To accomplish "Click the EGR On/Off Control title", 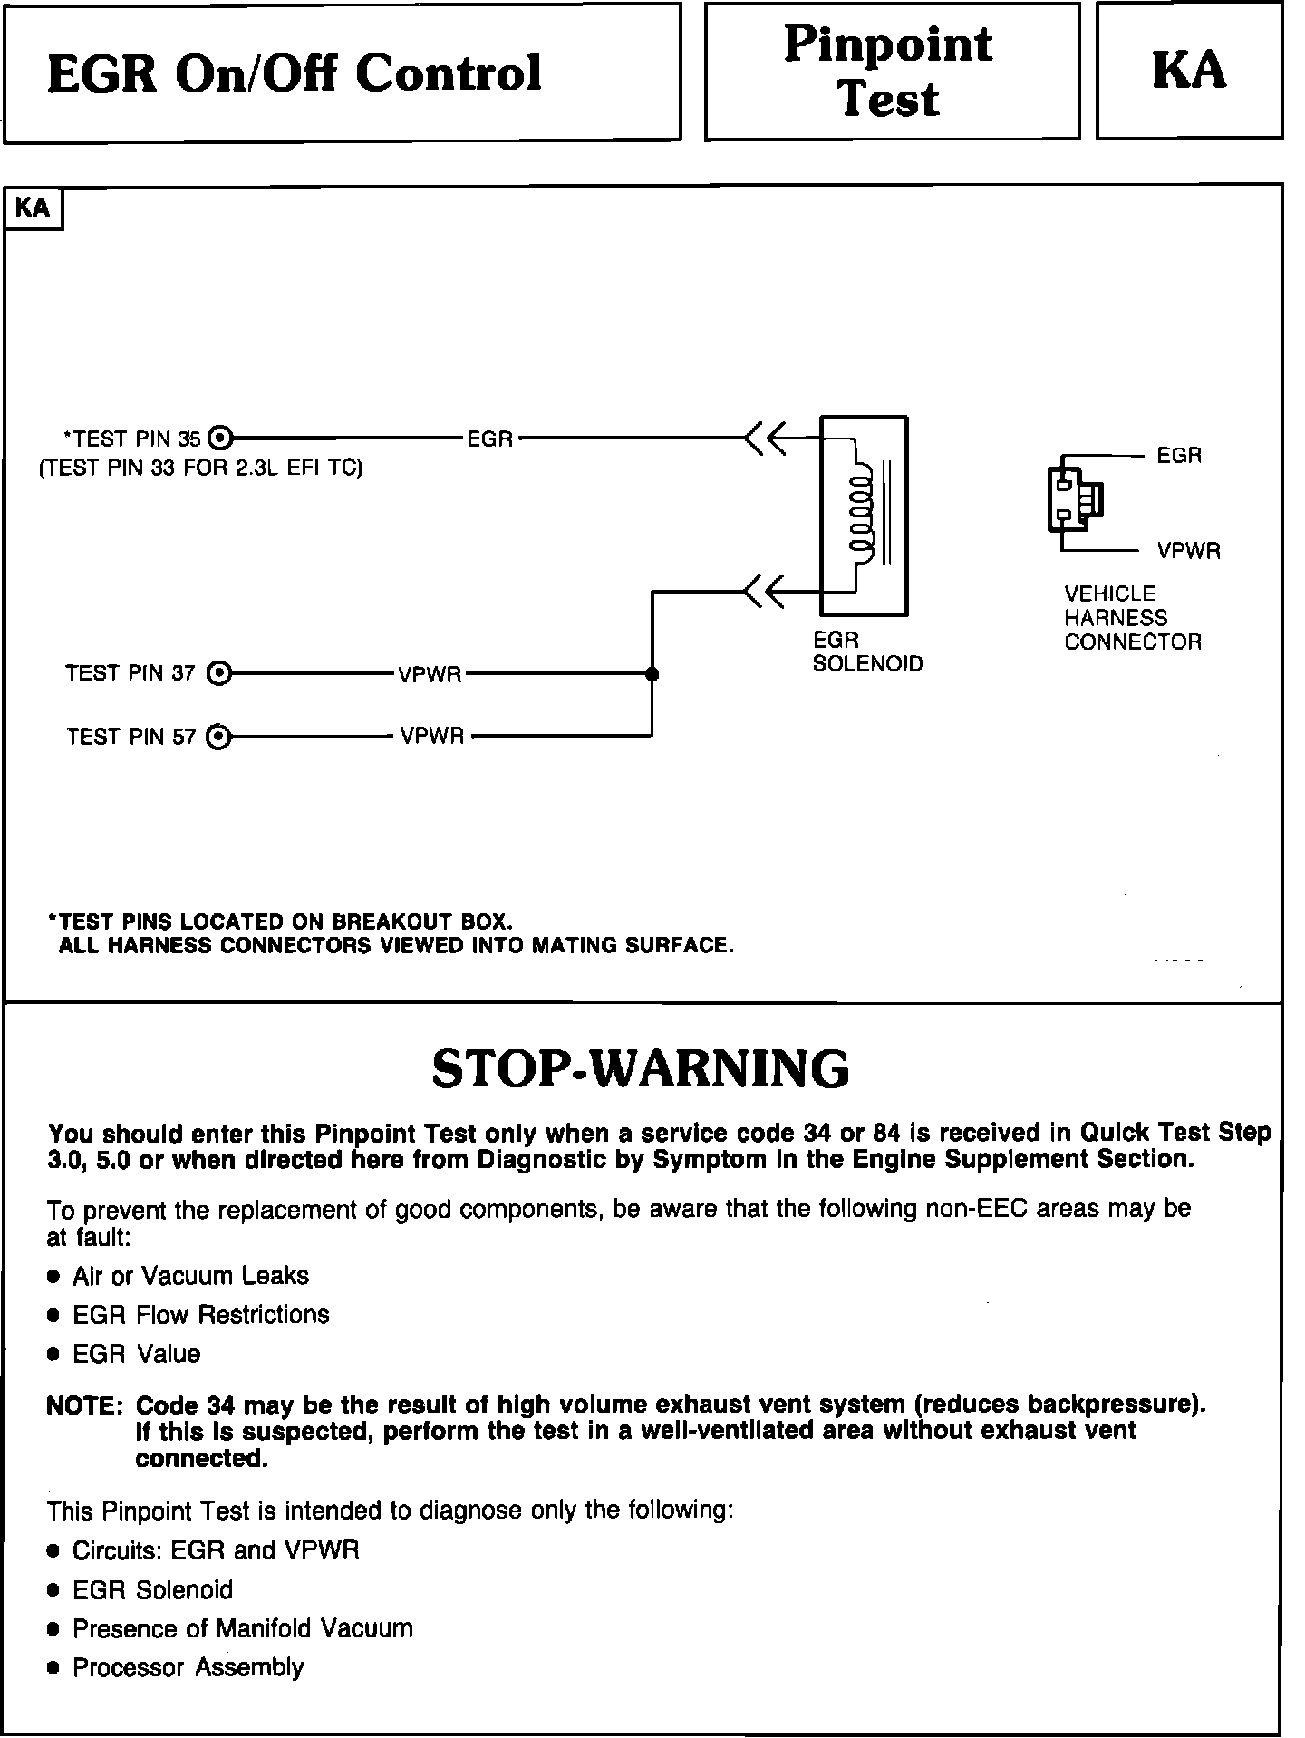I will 294,73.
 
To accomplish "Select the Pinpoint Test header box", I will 892,72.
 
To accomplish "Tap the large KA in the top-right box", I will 1189,71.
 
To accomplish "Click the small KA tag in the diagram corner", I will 34,208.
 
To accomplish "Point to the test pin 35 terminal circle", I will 220,439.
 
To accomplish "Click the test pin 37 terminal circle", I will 219,673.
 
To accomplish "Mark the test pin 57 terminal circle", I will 218,737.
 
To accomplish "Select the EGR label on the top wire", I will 489,439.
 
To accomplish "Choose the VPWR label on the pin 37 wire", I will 430,675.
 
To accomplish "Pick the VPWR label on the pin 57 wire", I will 432,737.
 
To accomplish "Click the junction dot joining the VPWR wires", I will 652,674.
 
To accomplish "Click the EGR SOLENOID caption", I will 866,652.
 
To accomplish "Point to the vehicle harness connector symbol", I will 1075,498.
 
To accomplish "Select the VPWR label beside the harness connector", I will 1188,551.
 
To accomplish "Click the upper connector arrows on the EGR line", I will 765,439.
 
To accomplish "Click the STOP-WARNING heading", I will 641,1068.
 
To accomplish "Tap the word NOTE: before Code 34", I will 84,1405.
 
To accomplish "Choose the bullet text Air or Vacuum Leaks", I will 190,1276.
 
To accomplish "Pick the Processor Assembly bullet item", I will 188,1667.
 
